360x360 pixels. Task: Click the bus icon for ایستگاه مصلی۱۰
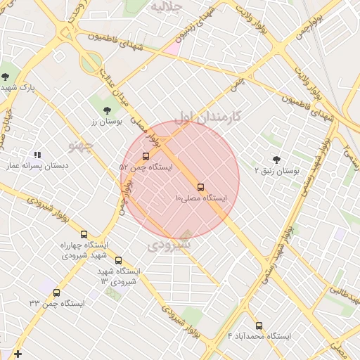click(200, 187)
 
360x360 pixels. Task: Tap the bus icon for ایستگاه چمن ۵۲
click(146, 156)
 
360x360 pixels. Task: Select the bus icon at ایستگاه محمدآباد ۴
click(259, 326)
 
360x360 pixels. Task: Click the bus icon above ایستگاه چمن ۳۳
click(56, 292)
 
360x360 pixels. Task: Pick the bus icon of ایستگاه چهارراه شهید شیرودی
click(84, 234)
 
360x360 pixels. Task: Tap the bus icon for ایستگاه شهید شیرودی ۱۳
click(118, 260)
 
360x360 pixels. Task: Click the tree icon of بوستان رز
click(106, 110)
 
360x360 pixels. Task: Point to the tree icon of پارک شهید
click(6, 76)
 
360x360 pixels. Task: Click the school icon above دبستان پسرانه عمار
click(37, 155)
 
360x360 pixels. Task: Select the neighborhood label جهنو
click(81, 145)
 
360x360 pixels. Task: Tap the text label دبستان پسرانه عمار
click(37, 166)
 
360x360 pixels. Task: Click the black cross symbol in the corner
click(18, 354)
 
